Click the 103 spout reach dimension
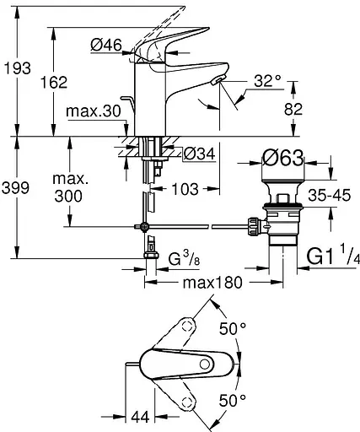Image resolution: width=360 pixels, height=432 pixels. pos(195,189)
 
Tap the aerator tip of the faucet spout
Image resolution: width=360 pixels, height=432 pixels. pos(221,80)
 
